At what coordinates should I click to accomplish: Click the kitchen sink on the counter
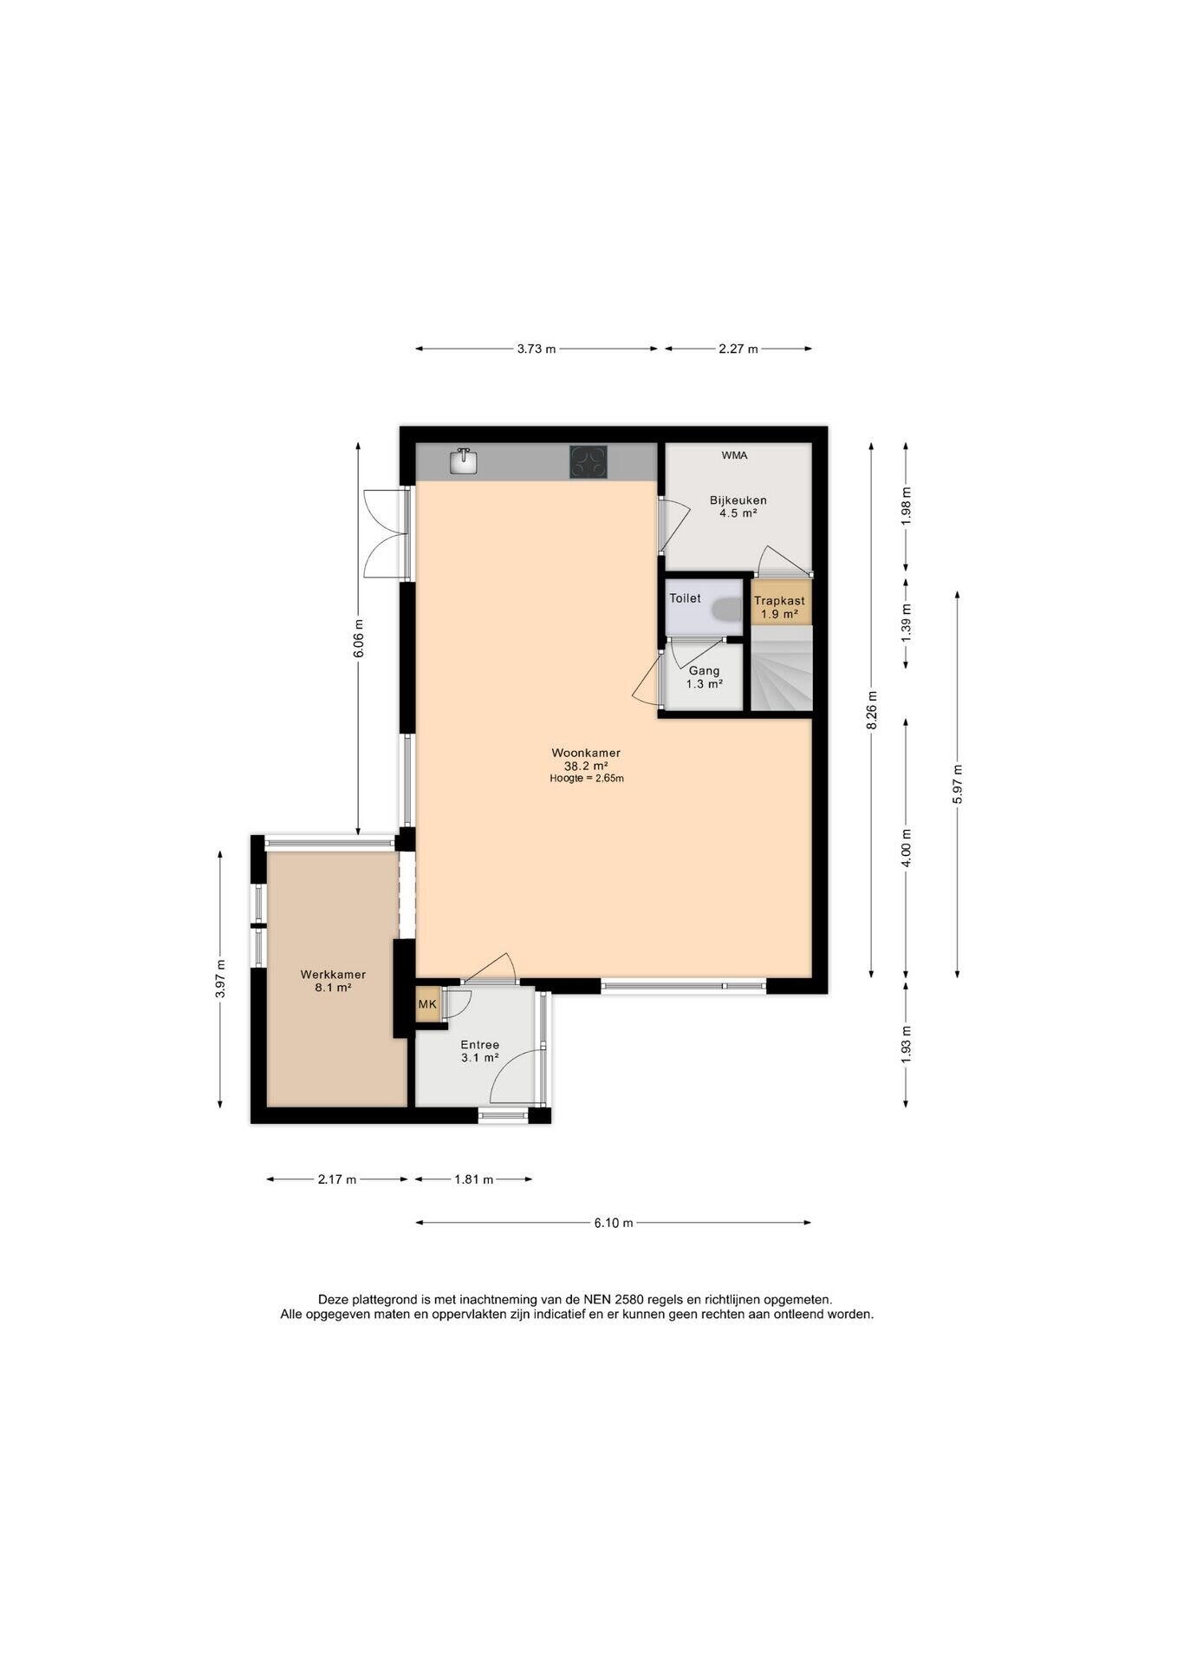coord(464,460)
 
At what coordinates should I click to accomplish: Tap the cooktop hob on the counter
coord(588,461)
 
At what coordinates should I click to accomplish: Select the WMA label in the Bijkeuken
coord(734,455)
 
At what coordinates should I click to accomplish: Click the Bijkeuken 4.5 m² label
coord(738,506)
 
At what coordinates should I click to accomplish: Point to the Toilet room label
coord(685,598)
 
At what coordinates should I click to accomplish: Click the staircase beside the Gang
coord(781,669)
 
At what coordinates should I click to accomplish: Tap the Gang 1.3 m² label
coord(704,677)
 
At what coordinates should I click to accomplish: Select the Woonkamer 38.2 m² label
coord(586,759)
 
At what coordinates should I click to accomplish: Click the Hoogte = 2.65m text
coord(587,779)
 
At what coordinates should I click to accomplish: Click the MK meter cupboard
coord(427,1005)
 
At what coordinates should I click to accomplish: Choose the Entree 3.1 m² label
coord(479,1051)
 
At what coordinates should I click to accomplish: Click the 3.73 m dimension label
coord(536,349)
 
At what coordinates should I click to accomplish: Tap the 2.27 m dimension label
coord(738,349)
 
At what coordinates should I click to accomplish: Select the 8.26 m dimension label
coord(872,710)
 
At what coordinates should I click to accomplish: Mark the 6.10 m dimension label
coord(614,1223)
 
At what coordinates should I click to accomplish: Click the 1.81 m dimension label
coord(474,1179)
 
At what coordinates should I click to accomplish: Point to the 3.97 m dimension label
coord(220,979)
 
